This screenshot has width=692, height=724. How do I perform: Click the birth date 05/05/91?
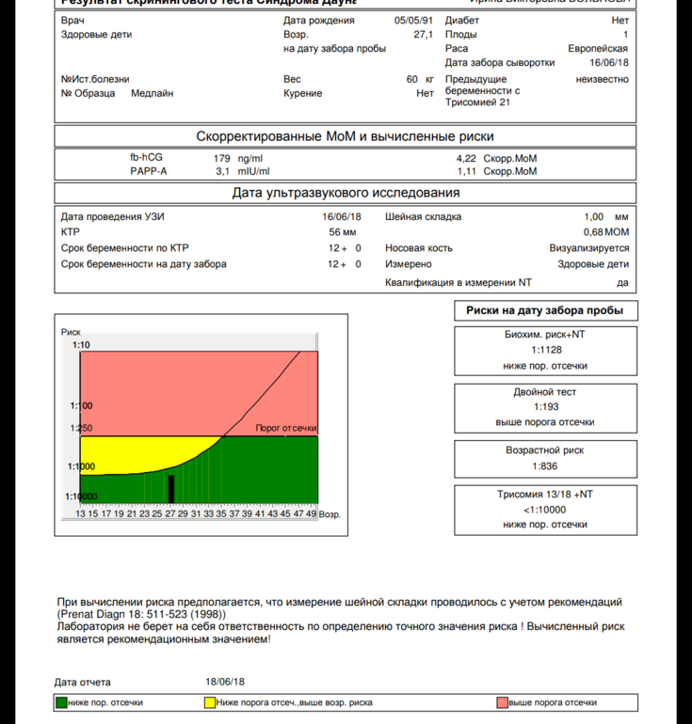coord(413,20)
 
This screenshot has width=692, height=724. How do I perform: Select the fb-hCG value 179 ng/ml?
coord(239,158)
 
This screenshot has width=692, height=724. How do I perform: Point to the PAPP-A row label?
coord(149,172)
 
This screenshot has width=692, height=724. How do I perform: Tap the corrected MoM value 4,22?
coord(466,158)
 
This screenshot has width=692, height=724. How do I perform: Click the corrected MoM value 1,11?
coord(466,172)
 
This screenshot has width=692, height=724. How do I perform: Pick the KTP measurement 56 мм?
coord(342,231)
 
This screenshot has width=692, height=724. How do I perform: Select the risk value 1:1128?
coord(545,350)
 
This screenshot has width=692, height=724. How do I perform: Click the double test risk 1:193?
coord(545,407)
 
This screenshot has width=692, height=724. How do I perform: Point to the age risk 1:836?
coord(545,465)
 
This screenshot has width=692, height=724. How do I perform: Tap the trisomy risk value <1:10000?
coord(545,510)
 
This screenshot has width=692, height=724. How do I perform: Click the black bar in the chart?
coord(170,489)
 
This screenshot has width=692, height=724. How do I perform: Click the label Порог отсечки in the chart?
coord(285,429)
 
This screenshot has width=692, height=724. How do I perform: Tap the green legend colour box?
coord(61,702)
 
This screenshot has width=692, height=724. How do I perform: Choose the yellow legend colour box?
coord(210,702)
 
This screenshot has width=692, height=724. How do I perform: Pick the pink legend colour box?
coord(502,702)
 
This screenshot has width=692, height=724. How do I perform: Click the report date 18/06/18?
coord(225,682)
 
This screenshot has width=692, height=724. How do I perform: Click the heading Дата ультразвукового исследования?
coord(346,194)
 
